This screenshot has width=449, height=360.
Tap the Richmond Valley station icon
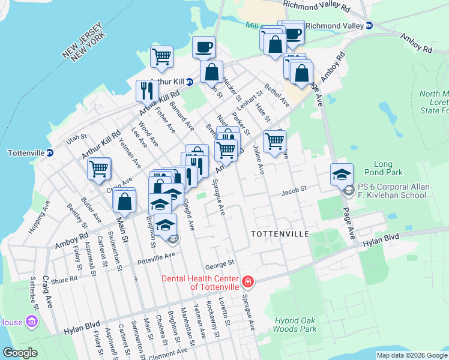[x=370, y=26]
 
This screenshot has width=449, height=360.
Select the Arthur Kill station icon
[x=189, y=82]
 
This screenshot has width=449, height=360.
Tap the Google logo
[x=20, y=353]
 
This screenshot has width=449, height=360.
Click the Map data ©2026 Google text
[x=412, y=355]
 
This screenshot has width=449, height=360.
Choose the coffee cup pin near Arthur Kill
[x=204, y=47]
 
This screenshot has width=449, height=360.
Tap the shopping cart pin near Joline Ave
[x=274, y=141]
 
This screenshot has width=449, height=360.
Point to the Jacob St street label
[x=295, y=188]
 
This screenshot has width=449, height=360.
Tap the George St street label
[x=218, y=263]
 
